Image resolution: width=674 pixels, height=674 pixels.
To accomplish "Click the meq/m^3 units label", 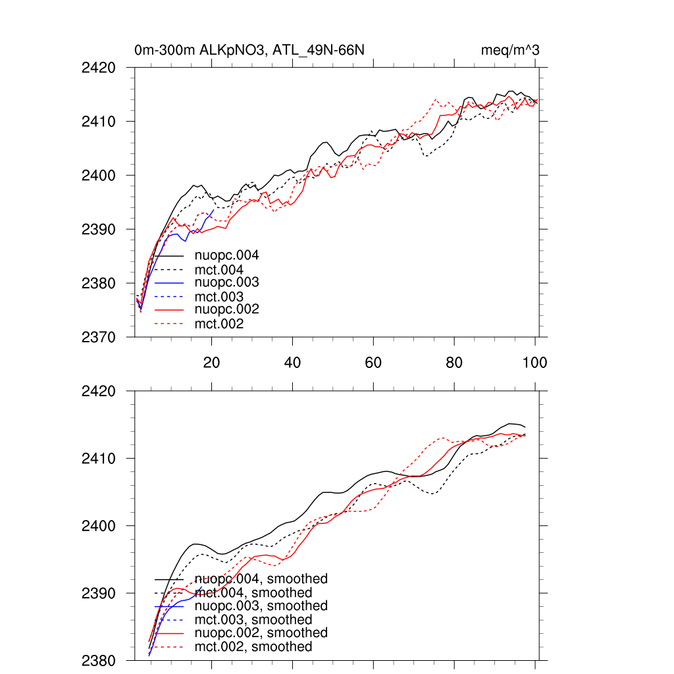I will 511,50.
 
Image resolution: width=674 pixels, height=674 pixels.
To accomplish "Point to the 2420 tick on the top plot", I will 99,68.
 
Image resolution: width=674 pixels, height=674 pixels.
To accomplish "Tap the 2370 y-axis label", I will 99,337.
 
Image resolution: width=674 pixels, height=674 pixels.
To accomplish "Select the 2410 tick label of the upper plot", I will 99,122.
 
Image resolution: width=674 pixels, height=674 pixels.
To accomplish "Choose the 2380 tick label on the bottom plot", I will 99,660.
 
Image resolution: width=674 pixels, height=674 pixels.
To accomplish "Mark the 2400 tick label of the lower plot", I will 99,526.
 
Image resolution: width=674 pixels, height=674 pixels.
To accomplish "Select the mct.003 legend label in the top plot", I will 219,297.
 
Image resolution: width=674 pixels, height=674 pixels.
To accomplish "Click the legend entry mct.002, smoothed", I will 253,647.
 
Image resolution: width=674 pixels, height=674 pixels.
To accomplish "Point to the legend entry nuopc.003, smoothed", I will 261,606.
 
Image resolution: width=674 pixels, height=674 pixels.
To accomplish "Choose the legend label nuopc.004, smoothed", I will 261,579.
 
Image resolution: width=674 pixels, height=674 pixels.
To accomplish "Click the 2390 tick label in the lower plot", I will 99,593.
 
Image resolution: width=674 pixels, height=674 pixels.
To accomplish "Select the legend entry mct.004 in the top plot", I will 219,270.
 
